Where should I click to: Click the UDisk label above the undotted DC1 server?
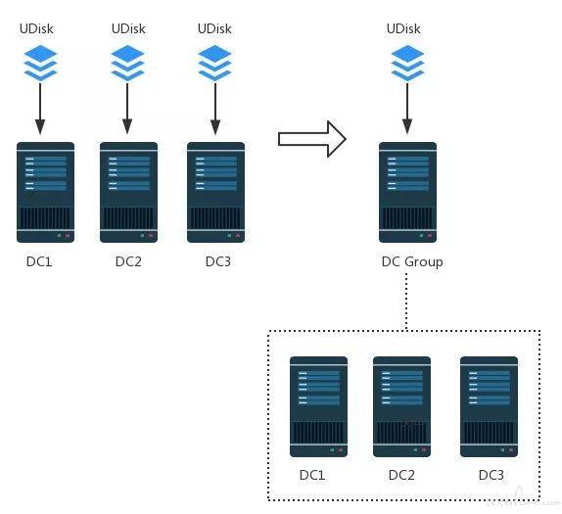[x=36, y=28]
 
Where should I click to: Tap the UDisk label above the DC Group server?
[x=403, y=28]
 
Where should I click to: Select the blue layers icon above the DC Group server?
[x=407, y=63]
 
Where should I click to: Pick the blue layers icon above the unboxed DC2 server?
[x=127, y=63]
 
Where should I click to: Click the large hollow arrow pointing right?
[x=312, y=139]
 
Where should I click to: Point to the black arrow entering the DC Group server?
[x=407, y=109]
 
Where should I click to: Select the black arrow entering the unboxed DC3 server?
[x=215, y=109]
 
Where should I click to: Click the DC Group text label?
[x=412, y=262]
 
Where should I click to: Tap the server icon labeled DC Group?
[x=408, y=192]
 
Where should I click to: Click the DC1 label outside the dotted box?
[x=39, y=261]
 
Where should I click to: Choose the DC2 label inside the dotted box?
[x=401, y=475]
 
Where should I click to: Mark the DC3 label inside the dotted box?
[x=492, y=475]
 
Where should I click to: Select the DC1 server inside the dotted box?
[x=318, y=406]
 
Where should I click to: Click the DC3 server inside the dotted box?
[x=489, y=406]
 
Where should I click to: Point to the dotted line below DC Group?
[x=406, y=302]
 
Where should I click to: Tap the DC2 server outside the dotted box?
[x=128, y=192]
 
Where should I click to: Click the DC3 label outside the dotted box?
[x=218, y=261]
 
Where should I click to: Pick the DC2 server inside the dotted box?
[x=401, y=406]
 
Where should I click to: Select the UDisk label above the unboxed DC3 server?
[x=214, y=28]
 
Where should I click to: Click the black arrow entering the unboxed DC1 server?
[x=40, y=109]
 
